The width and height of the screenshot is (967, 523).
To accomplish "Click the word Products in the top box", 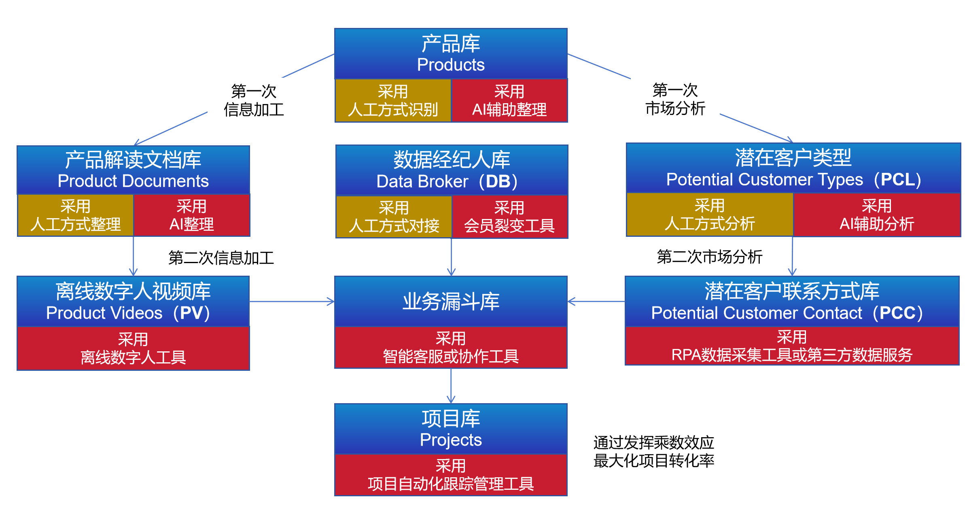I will [451, 65].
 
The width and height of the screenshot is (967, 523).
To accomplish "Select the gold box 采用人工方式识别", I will [393, 101].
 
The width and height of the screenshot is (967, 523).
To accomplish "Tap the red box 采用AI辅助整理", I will [509, 101].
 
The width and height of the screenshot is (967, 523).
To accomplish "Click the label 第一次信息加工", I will [254, 100].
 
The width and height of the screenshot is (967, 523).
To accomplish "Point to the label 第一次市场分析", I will [675, 99].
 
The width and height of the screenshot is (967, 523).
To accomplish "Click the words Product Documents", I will [133, 181].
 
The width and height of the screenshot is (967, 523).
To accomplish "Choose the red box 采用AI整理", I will [191, 215].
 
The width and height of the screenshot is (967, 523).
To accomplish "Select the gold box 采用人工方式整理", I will [76, 215].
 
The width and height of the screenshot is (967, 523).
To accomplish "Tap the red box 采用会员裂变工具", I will [509, 217].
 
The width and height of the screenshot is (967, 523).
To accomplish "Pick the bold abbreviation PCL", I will [898, 180].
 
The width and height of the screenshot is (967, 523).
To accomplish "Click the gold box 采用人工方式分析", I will [710, 215].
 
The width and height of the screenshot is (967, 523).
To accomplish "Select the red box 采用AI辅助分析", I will [877, 215].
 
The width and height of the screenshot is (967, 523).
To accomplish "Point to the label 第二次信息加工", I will [221, 258].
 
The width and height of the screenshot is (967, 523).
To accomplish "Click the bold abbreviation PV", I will [191, 313].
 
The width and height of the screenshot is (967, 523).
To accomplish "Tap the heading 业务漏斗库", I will [451, 302].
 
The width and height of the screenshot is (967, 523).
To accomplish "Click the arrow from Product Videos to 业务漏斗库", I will [292, 302].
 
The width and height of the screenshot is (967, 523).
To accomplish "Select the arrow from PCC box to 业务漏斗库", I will [596, 302].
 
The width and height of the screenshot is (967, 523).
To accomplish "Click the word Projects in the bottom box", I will [451, 440].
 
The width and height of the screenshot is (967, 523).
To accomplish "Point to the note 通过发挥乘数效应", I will [653, 443].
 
